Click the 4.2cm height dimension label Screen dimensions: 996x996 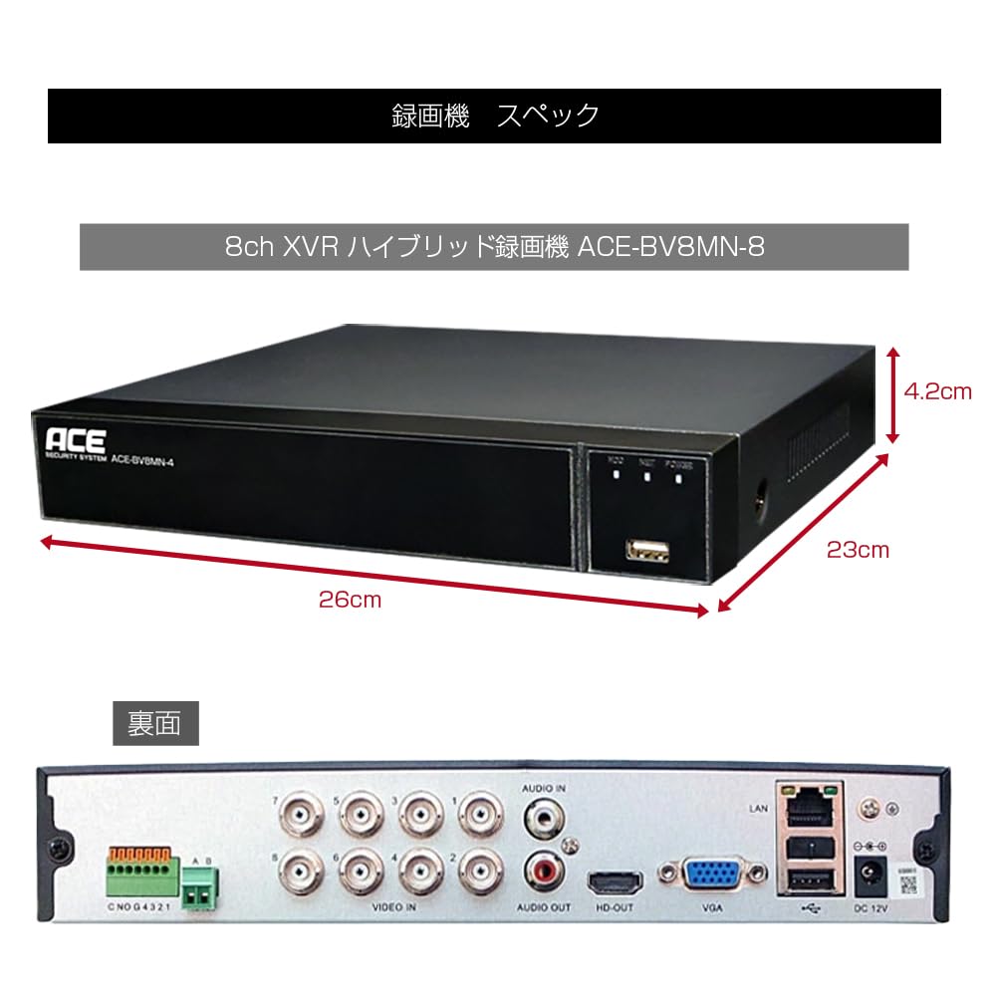tap(936, 391)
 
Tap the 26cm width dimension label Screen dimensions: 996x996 tap(350, 600)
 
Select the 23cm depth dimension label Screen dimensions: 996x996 tap(858, 549)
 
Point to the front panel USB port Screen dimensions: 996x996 tap(644, 550)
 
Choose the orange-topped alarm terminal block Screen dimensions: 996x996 tap(139, 872)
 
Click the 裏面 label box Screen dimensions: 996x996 tap(155, 724)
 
